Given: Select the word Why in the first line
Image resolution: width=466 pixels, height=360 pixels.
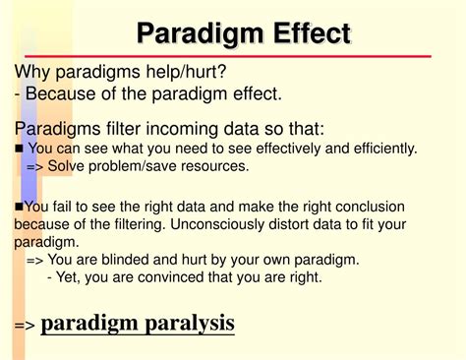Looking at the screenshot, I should pyautogui.click(x=33, y=73).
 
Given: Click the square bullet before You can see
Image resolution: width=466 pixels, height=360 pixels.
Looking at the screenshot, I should pyautogui.click(x=20, y=150).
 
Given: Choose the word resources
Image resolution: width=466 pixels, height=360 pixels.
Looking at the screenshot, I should pyautogui.click(x=215, y=166).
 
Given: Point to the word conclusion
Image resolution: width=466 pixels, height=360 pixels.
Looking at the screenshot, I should pyautogui.click(x=368, y=206).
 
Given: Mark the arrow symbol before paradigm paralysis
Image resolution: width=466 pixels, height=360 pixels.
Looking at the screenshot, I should pyautogui.click(x=25, y=324).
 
